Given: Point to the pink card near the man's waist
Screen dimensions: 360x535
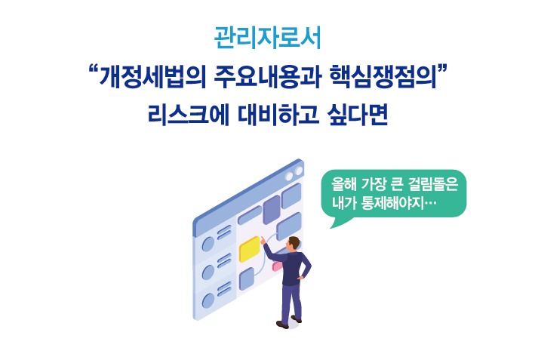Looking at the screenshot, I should click(277, 265).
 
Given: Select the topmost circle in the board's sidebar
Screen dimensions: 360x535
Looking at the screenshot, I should click(209, 243).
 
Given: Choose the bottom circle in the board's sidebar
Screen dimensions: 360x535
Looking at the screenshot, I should click(209, 303).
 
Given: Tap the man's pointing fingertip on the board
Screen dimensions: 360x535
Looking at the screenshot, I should click(263, 238).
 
